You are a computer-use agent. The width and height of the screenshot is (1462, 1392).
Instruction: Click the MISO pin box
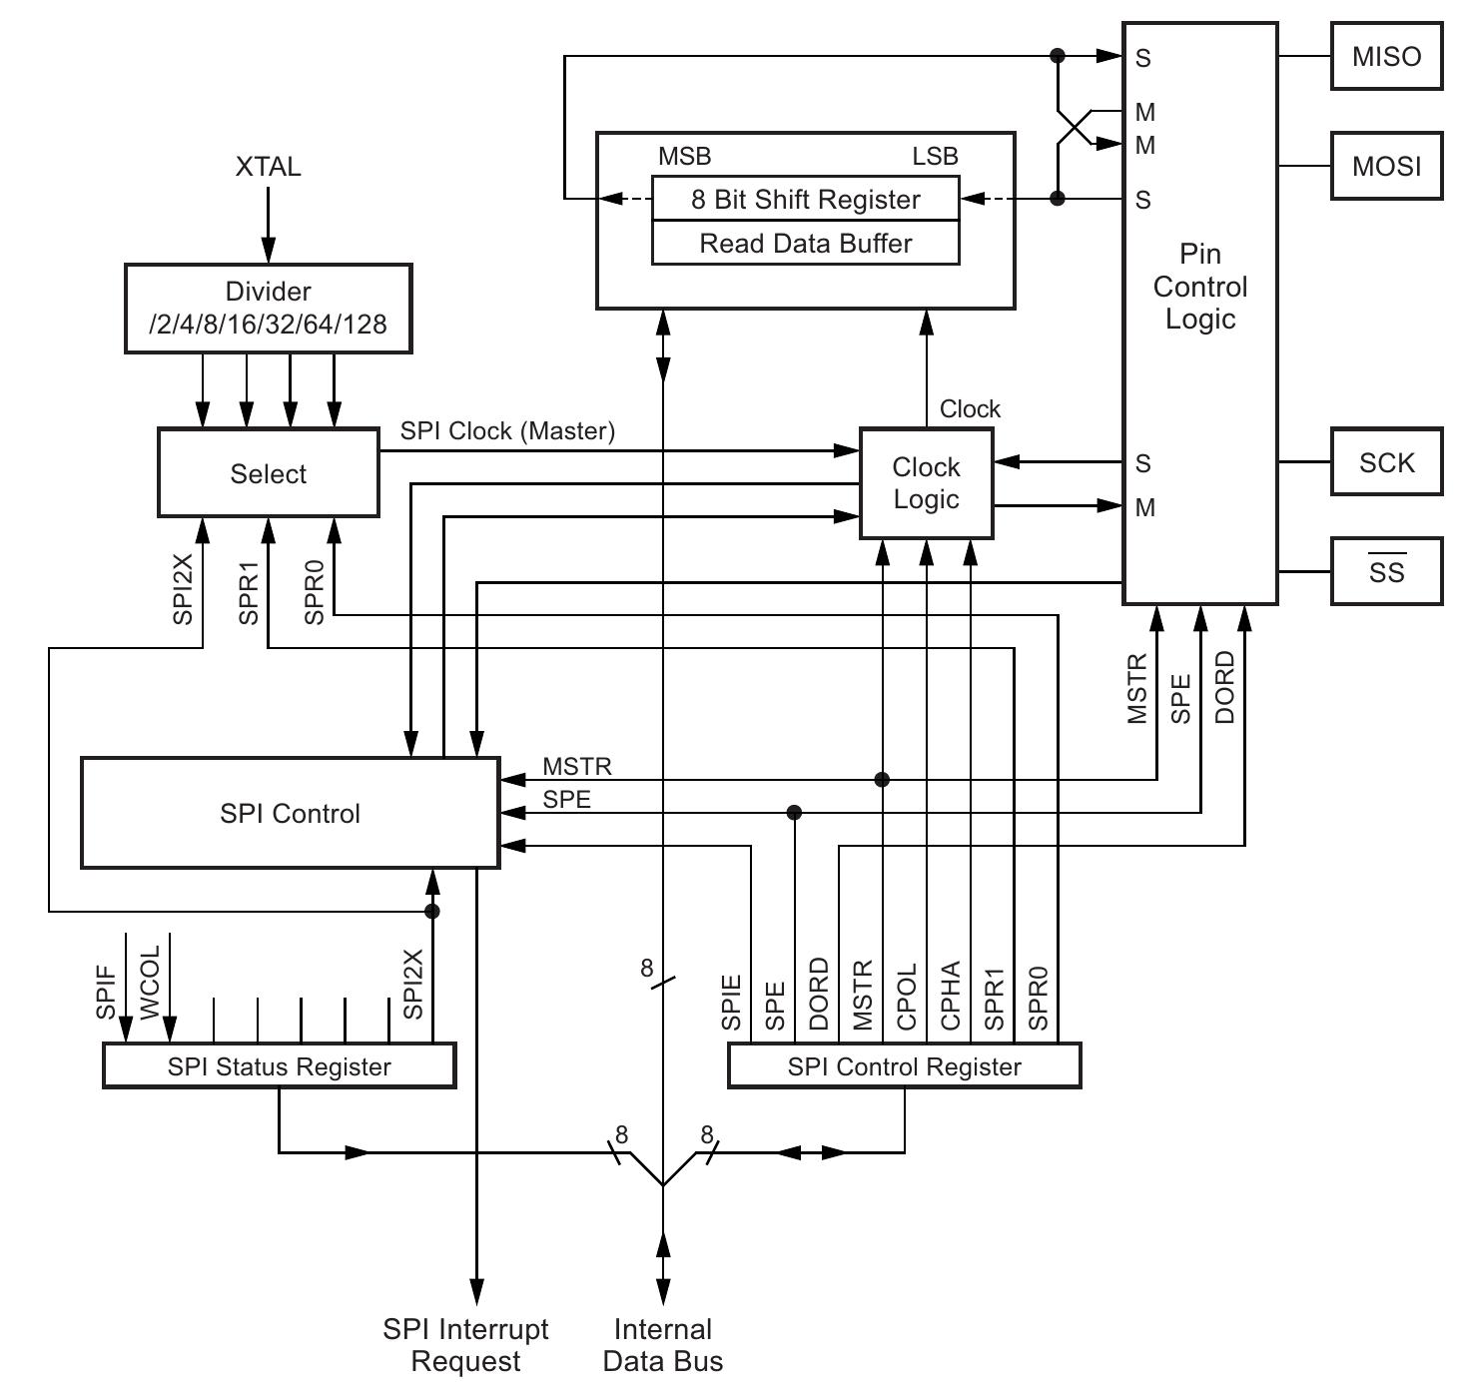coord(1386,57)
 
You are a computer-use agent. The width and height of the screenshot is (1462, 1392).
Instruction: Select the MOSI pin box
coord(1386,166)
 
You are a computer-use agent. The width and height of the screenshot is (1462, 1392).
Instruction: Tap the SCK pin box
coord(1386,462)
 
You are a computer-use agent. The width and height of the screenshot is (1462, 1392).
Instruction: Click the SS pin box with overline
coord(1386,571)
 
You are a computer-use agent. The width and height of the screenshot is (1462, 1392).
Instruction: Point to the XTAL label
coord(268,167)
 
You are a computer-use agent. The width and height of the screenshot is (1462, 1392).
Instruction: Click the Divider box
coord(268,308)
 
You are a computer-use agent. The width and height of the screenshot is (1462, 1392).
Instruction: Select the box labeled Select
coord(268,473)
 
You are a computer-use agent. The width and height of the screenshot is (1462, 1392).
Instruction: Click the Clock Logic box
coord(926,483)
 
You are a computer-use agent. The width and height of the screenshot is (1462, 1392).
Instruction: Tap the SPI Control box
coord(290,813)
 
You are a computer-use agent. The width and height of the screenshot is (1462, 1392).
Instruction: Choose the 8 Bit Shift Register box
coord(805,199)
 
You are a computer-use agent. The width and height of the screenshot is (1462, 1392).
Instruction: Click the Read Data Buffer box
coord(805,244)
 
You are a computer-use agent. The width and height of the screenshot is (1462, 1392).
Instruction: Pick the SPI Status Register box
coord(280,1066)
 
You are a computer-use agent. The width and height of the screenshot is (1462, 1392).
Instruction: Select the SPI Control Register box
coord(904,1066)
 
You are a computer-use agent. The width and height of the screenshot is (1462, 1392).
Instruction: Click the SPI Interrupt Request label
coord(465,1345)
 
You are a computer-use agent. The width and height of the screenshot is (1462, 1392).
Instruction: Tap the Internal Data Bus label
coord(662,1345)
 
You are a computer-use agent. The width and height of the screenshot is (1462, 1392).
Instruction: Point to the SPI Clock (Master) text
coord(507,430)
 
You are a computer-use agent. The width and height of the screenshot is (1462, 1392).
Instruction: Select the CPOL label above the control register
coord(907,996)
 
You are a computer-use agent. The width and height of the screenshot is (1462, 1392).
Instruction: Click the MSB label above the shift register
coord(684,156)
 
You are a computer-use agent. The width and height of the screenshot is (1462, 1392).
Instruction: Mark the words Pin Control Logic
coord(1199,287)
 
